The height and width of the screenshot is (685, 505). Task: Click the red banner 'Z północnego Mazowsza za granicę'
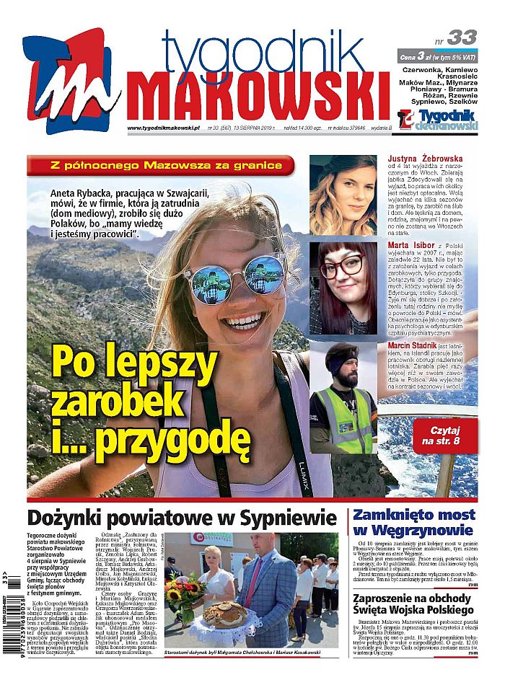tap(161, 165)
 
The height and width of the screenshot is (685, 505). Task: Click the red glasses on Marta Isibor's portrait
tap(341, 268)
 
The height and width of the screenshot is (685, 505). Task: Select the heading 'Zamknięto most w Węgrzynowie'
tap(413, 523)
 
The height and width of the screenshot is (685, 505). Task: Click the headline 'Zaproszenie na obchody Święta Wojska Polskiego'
tap(413, 604)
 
